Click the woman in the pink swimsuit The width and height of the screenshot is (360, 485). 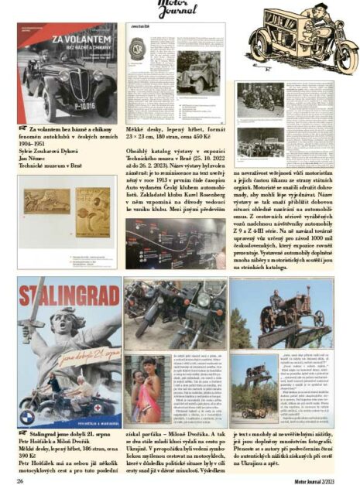[145, 401]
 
